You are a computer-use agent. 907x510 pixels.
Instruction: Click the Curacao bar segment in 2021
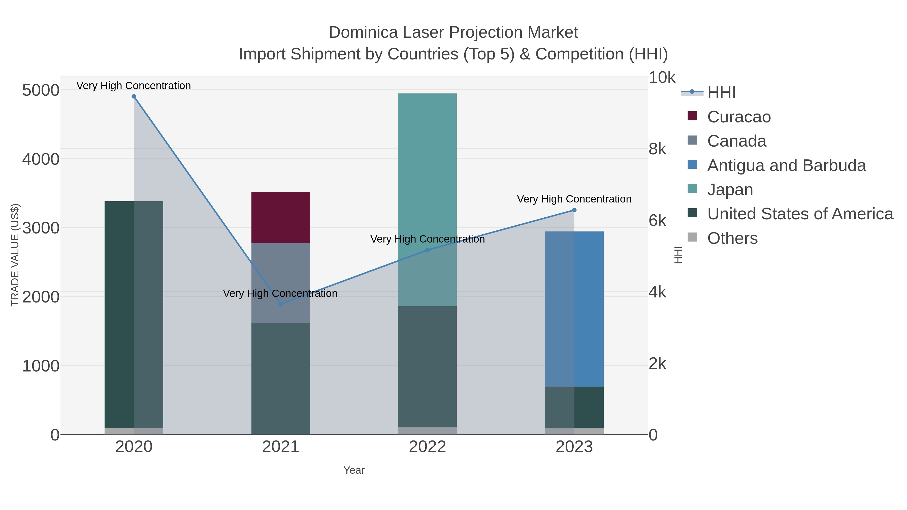coord(281,218)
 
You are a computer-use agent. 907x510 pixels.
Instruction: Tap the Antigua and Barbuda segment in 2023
coord(574,309)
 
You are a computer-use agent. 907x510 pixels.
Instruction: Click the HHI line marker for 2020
coord(134,96)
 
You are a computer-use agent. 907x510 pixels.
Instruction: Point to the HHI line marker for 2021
coord(281,304)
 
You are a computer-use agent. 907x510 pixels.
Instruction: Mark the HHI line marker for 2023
coord(574,210)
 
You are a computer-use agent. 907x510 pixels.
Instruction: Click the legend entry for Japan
coord(730,190)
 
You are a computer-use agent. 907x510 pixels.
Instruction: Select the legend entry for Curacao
coord(739,117)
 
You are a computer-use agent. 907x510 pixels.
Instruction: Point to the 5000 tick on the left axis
coord(41,90)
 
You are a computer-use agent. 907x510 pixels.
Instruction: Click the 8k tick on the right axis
coord(657,149)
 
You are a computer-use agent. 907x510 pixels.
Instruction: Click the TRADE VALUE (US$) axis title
coord(15,255)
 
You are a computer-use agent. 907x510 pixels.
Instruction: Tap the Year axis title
coord(354,470)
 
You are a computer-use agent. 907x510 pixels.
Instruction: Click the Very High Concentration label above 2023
coord(574,199)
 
